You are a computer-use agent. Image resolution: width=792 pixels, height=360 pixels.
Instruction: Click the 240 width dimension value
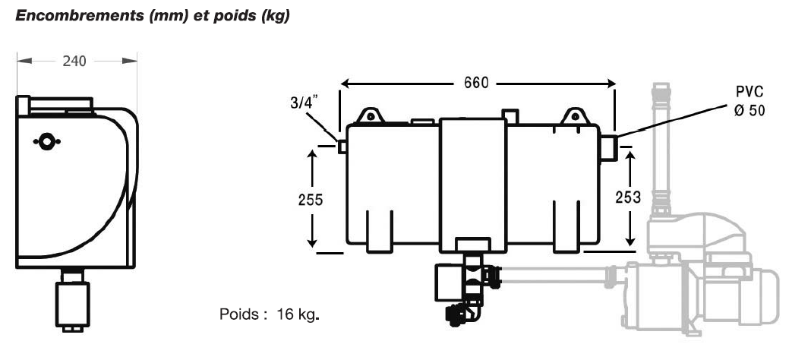[x=74, y=61]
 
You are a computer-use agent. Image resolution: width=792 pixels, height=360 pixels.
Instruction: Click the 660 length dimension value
[x=477, y=83]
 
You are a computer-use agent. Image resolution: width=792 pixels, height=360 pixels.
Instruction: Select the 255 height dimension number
[x=310, y=200]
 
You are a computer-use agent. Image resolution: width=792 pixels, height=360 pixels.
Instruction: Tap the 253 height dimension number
[x=628, y=197]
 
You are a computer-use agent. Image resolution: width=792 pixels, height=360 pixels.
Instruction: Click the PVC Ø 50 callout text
[x=749, y=101]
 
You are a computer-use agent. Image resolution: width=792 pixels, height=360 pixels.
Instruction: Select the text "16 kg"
[x=295, y=314]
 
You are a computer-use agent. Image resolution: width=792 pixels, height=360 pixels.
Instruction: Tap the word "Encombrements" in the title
[x=79, y=16]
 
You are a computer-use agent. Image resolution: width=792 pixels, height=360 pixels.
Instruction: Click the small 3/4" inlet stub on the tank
[x=342, y=147]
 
